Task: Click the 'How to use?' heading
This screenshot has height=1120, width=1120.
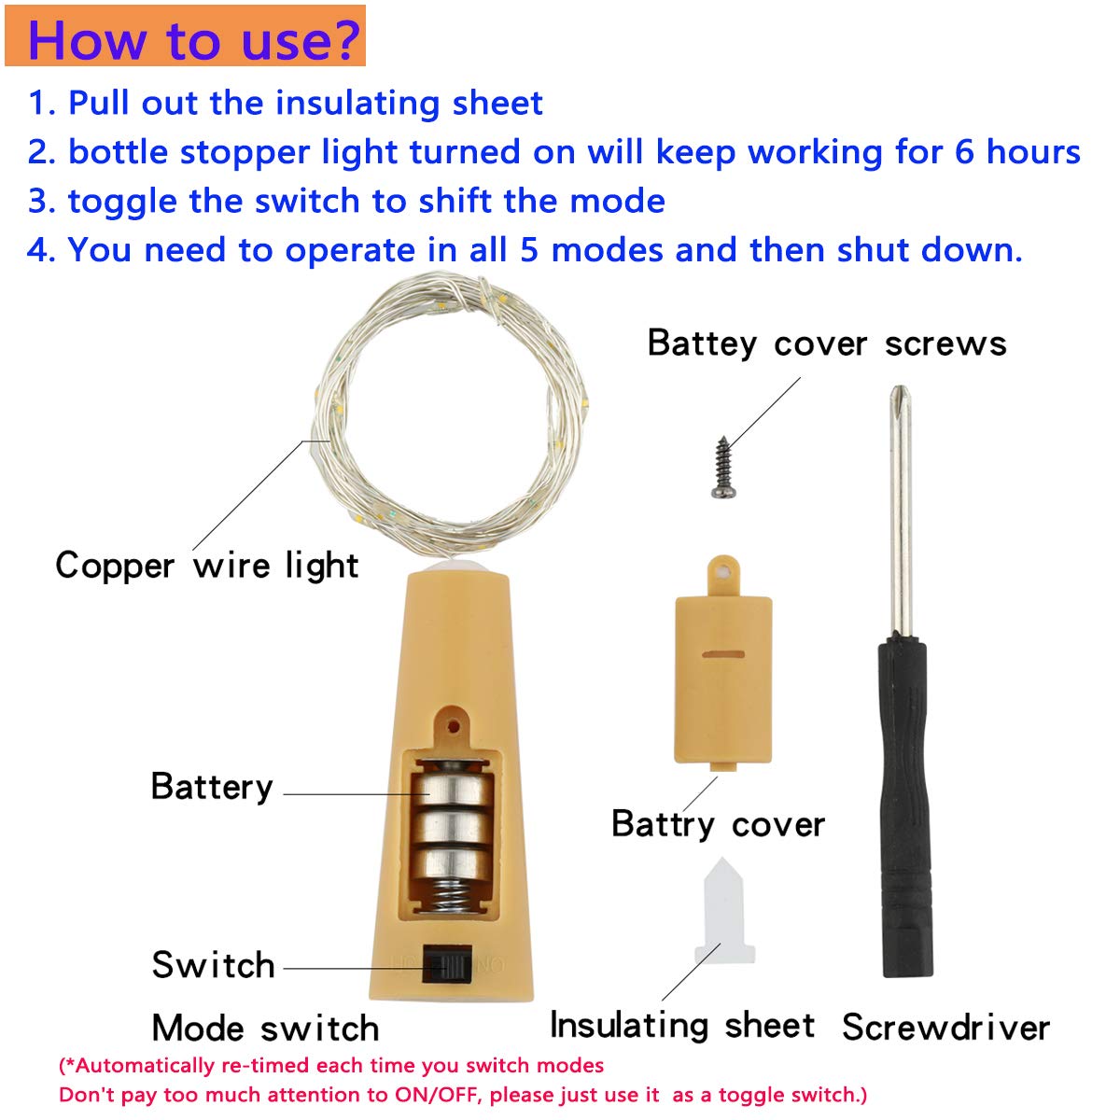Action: tap(193, 40)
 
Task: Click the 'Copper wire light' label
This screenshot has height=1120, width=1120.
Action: tap(206, 566)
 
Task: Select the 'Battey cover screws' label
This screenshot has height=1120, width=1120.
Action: tap(826, 343)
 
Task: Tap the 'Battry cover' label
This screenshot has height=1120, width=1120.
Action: tap(718, 824)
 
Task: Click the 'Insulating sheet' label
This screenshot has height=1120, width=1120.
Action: tap(681, 1025)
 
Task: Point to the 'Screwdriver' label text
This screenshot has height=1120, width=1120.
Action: tap(945, 1027)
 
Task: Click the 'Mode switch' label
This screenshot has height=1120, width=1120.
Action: tap(265, 1028)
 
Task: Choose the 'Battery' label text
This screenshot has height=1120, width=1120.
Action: tap(212, 787)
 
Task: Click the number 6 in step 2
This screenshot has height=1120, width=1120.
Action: tap(964, 152)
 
